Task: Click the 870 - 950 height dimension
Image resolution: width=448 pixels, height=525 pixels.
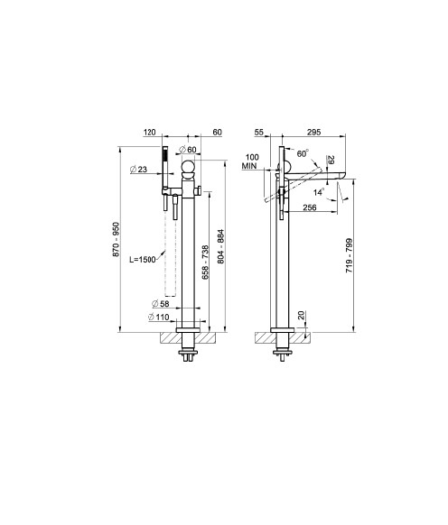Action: tap(116, 239)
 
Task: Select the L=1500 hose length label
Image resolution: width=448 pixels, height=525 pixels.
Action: tap(143, 260)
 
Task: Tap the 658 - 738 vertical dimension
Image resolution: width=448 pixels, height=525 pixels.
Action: tap(205, 262)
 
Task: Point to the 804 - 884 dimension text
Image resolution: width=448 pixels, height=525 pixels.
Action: tap(221, 246)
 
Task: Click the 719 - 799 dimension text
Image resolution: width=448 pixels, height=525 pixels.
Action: tap(349, 255)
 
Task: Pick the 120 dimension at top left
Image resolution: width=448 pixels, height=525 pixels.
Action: tap(150, 133)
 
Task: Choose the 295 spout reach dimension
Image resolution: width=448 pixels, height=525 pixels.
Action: tap(313, 133)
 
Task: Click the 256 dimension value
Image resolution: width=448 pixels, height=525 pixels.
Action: tap(310, 207)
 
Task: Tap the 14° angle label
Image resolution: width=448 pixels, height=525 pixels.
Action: tap(319, 192)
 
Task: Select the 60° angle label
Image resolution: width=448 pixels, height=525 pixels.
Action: tap(303, 153)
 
